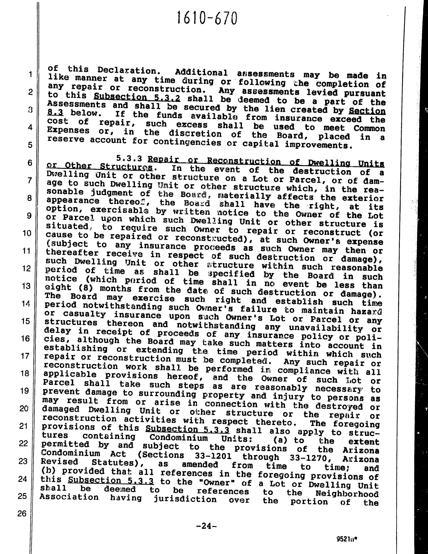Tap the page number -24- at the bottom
(207, 526)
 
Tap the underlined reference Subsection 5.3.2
(137, 97)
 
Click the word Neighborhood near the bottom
(347, 494)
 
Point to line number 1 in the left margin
(30, 74)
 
